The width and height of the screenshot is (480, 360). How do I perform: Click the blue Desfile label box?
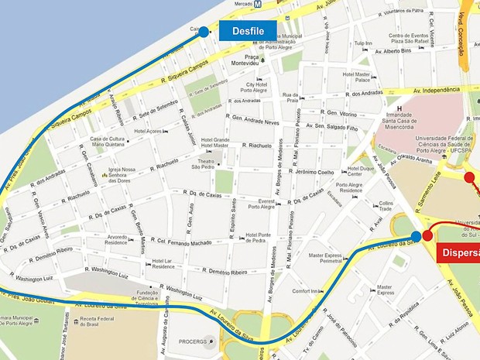click(248, 31)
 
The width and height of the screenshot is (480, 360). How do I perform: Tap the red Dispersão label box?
click(458, 252)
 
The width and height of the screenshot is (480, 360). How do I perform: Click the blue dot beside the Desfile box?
click(204, 32)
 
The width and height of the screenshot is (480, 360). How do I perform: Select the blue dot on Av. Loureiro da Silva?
click(417, 236)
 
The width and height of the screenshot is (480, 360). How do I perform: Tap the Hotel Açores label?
click(147, 132)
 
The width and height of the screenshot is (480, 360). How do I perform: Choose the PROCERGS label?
click(194, 341)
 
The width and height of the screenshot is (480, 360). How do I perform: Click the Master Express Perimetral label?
click(325, 258)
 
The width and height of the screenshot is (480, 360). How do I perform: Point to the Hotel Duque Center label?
click(361, 171)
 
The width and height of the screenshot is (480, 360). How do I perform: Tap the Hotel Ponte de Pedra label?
click(258, 238)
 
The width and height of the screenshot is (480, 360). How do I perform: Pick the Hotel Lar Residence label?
click(163, 265)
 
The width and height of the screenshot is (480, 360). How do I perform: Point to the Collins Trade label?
click(386, 206)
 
